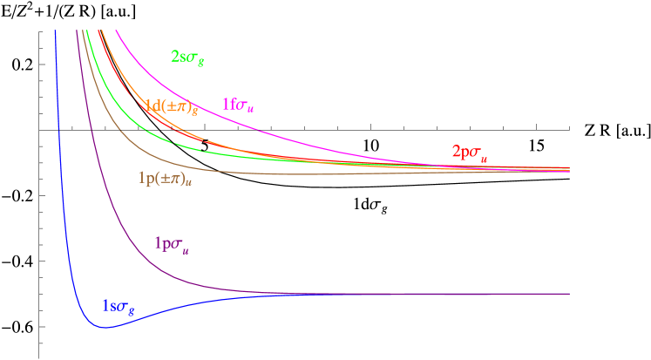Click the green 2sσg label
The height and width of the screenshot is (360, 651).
coord(187,58)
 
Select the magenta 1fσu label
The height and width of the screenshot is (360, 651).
coord(237,105)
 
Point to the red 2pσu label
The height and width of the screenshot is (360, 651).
coord(469,152)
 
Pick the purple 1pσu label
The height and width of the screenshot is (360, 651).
coord(171,244)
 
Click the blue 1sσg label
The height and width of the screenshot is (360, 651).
coord(119,307)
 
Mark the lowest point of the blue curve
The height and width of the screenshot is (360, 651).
coord(105,328)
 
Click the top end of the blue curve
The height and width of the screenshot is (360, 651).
coord(56,31)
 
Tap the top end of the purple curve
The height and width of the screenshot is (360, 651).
coord(78,31)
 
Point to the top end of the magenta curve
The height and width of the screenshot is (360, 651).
coord(116,31)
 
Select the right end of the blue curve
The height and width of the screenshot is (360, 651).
coord(569,294)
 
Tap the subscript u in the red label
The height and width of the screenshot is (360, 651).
coord(484,157)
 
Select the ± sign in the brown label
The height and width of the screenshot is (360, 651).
coord(165,178)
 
